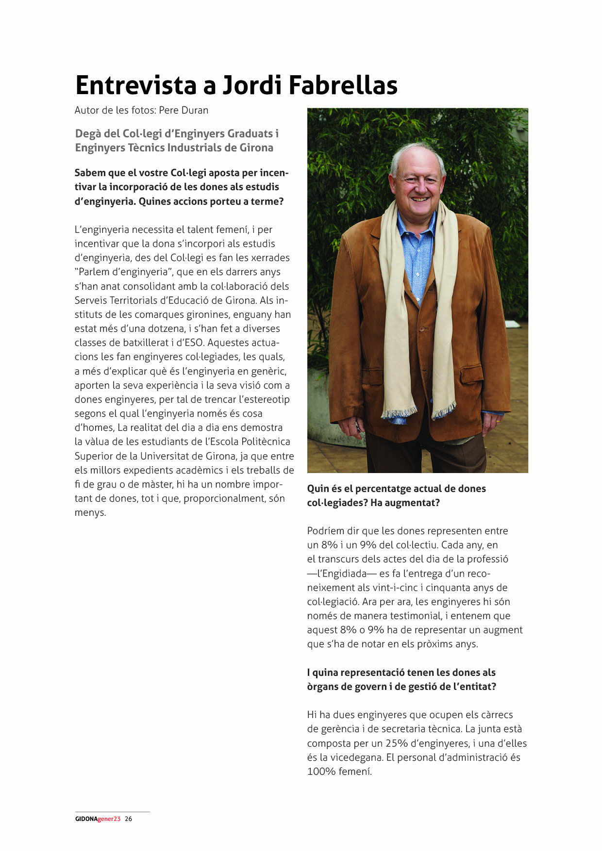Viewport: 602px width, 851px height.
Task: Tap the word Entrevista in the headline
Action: (x=136, y=85)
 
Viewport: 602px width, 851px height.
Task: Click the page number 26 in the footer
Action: (x=128, y=818)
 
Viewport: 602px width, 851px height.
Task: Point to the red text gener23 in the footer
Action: (x=109, y=818)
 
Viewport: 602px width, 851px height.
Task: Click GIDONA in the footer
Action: (x=86, y=818)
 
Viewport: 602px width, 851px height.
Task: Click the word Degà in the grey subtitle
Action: (x=87, y=133)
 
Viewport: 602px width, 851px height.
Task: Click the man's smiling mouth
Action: (x=419, y=198)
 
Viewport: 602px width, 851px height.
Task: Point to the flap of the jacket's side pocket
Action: (x=471, y=373)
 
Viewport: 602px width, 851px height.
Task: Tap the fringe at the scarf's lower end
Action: (x=399, y=413)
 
